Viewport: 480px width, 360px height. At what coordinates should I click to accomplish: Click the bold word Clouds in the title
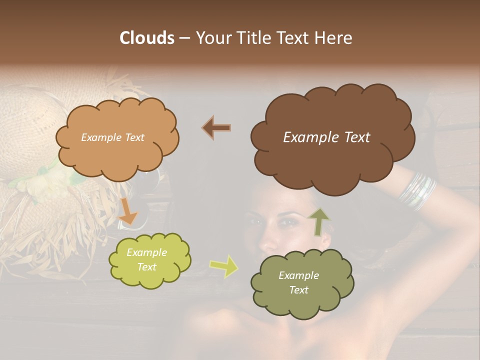tap(147, 38)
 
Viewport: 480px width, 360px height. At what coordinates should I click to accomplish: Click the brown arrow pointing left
tap(216, 127)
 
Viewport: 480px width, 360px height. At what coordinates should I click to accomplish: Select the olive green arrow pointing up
tap(318, 220)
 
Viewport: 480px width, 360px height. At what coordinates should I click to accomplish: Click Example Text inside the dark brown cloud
tap(326, 137)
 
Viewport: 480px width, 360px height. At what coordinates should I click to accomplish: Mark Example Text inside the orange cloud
tap(112, 137)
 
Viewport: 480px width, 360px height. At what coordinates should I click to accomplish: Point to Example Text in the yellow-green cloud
tap(146, 259)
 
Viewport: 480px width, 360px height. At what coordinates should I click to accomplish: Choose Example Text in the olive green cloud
tap(298, 282)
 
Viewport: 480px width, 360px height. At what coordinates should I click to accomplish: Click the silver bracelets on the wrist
tap(417, 191)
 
